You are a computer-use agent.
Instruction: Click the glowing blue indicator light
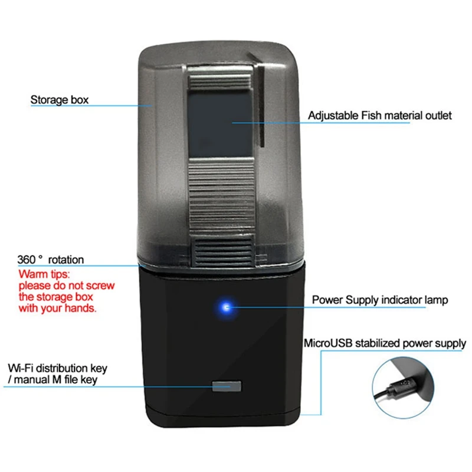click(225, 307)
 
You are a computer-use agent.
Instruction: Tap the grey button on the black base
click(227, 387)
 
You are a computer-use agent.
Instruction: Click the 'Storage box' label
click(60, 100)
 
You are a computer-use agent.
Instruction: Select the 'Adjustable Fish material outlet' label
click(379, 116)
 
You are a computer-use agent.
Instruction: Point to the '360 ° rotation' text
click(51, 260)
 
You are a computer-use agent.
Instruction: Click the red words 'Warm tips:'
click(44, 274)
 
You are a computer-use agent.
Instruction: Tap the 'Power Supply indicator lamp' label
click(379, 300)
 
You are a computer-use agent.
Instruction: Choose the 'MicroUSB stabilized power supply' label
click(385, 343)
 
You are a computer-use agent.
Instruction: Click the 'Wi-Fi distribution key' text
click(58, 369)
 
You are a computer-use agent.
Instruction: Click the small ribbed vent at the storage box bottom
click(223, 251)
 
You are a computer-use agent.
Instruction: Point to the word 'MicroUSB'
click(326, 343)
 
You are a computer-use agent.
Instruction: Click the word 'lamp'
click(435, 300)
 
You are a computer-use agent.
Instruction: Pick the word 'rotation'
click(66, 260)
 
